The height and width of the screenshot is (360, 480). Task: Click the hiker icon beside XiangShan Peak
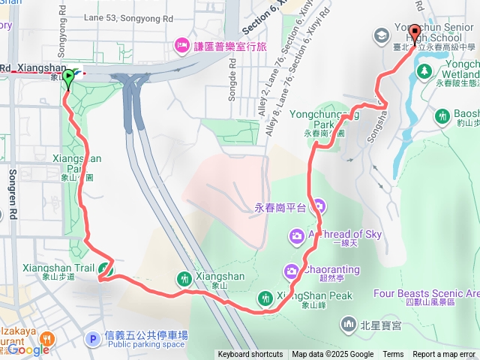point(265,298)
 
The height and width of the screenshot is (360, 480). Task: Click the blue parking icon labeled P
point(93,339)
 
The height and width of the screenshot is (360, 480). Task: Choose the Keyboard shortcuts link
point(250,355)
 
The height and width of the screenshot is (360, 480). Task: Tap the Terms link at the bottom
point(393,355)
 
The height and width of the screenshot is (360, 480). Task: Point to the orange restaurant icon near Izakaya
point(46,338)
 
